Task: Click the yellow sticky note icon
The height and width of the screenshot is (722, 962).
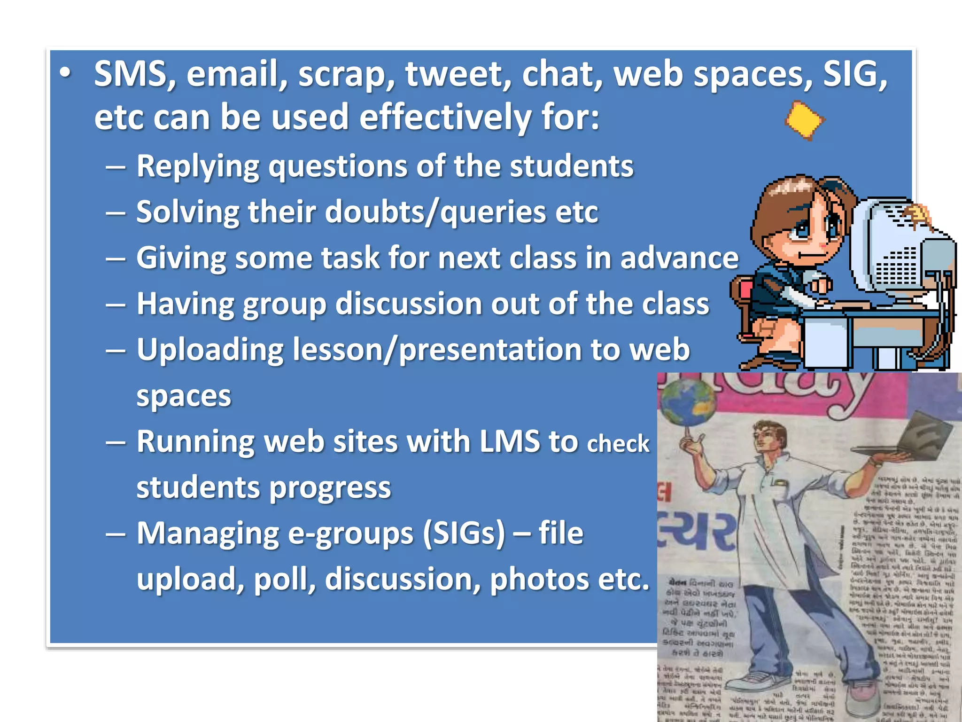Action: pos(805,120)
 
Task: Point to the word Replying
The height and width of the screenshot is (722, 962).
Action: pos(197,166)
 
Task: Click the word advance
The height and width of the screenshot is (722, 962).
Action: pos(679,258)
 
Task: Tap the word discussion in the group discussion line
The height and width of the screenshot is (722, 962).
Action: pos(408,304)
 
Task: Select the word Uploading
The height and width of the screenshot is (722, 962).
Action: pos(210,350)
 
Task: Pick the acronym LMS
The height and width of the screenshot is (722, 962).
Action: pos(509,441)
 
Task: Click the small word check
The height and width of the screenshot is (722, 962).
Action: pos(618,444)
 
